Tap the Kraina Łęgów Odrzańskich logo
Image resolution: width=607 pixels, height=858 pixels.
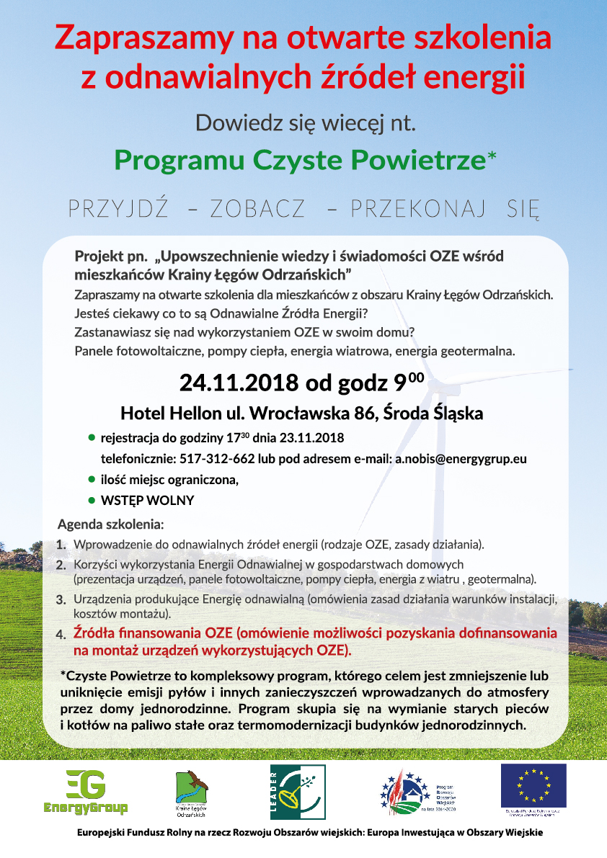click(192, 792)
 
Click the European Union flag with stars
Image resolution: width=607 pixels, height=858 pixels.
click(533, 786)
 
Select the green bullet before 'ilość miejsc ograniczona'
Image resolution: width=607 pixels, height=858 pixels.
click(92, 478)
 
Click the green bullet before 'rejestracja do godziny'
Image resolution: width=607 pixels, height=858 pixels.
click(92, 437)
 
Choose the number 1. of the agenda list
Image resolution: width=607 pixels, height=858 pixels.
click(62, 544)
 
